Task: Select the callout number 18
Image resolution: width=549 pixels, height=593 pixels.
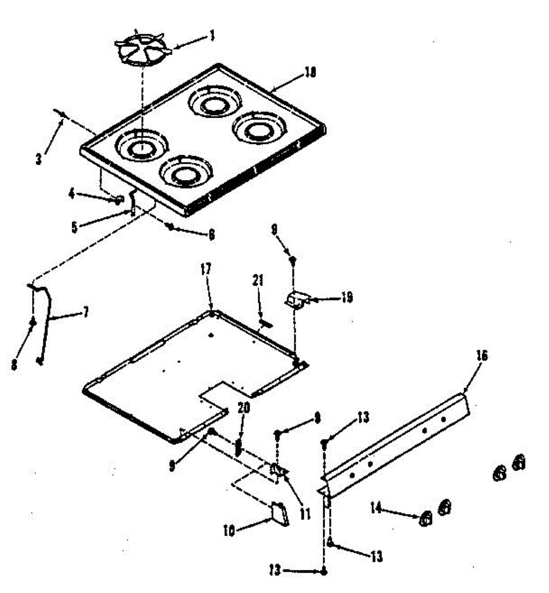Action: point(310,73)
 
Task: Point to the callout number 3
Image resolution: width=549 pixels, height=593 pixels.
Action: point(39,160)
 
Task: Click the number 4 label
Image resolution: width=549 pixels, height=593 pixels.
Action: point(72,195)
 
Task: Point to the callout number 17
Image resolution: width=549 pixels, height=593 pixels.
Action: point(206,269)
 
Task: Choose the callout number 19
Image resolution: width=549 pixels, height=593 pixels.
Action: point(347,298)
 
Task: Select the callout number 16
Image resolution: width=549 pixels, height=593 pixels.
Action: point(482,356)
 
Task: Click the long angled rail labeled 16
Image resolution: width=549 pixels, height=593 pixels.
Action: point(395,442)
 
